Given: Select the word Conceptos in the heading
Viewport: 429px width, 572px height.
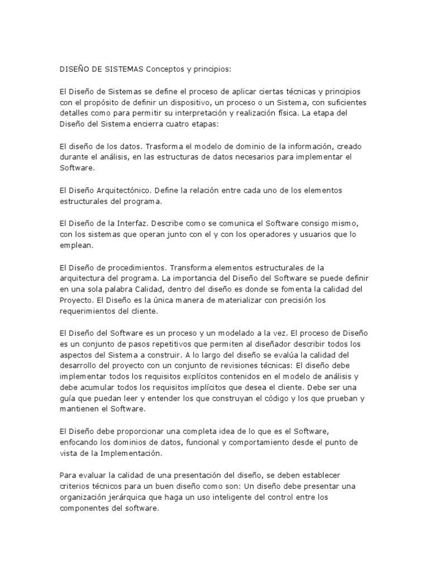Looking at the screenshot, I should tap(166, 69).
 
